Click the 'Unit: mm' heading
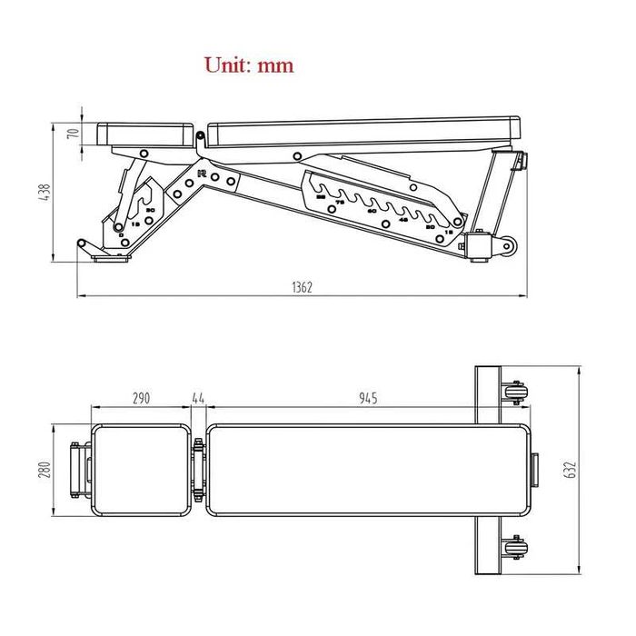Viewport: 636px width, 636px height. click(248, 65)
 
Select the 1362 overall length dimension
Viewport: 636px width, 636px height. click(302, 287)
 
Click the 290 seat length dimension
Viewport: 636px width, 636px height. click(141, 398)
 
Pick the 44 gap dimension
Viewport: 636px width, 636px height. click(199, 398)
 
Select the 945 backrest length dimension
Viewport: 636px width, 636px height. click(367, 398)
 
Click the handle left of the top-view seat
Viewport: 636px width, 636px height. click(78, 470)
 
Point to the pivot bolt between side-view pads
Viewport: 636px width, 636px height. click(199, 137)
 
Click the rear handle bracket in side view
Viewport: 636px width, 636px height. click(518, 160)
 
